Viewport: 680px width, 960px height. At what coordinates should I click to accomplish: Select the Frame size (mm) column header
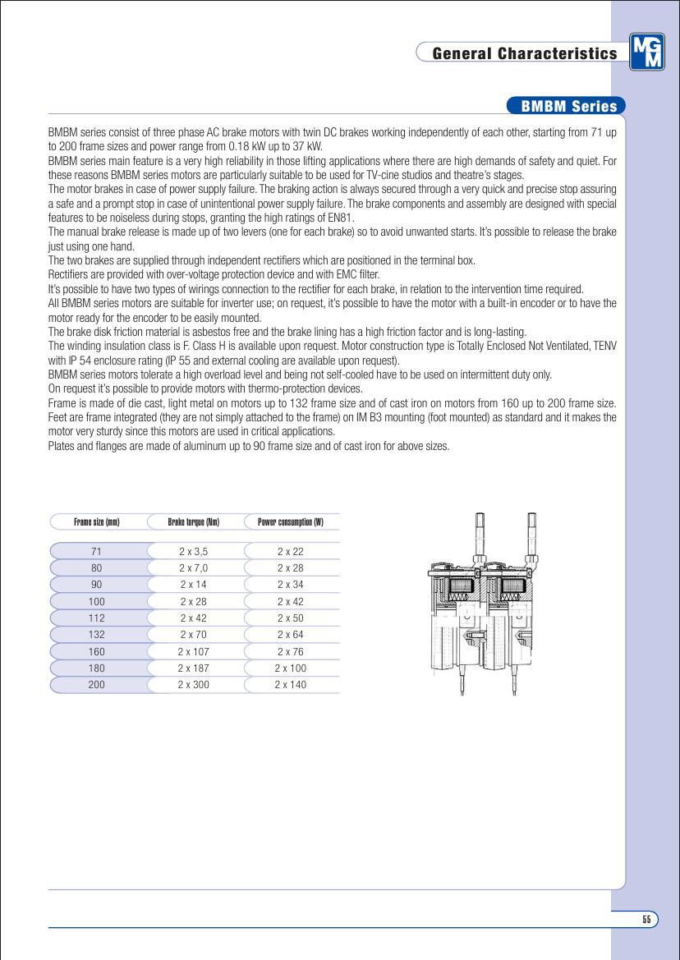pos(97,521)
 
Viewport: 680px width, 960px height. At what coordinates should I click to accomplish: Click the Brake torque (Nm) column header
pos(194,521)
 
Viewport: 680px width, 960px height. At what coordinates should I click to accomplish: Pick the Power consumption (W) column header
pos(291,521)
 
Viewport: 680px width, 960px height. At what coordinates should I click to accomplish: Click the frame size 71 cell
pos(97,552)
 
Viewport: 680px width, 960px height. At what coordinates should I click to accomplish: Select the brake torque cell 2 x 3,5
pos(194,552)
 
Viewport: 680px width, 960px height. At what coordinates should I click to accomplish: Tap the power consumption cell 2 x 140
pos(291,685)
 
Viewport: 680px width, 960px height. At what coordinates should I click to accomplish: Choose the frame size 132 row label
pos(97,635)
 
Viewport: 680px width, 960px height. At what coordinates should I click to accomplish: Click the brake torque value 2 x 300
pos(194,685)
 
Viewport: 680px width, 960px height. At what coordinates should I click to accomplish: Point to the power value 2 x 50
pos(291,618)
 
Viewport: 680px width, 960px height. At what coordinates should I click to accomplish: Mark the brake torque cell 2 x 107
pos(194,652)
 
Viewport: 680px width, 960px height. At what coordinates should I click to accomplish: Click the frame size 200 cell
pos(97,685)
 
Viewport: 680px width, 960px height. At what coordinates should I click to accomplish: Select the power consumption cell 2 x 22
pos(291,552)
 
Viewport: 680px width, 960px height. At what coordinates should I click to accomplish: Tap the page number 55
pos(646,920)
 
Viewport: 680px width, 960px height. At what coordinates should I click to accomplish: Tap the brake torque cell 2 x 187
pos(194,668)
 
